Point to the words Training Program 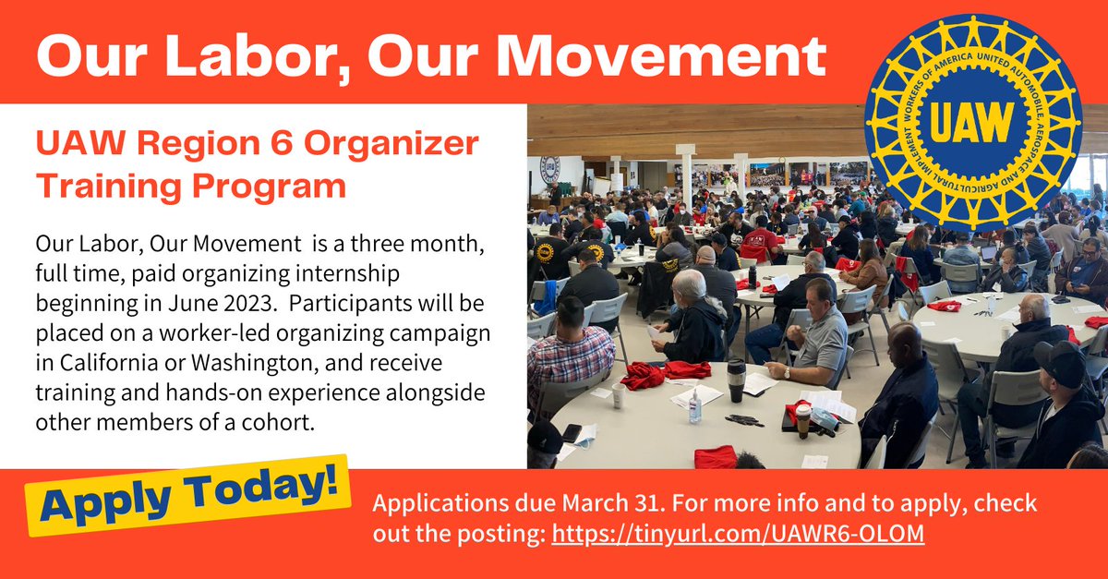[x=190, y=186]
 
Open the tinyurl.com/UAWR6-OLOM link [x=738, y=535]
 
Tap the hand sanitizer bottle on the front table [x=694, y=407]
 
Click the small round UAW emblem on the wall [x=549, y=168]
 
